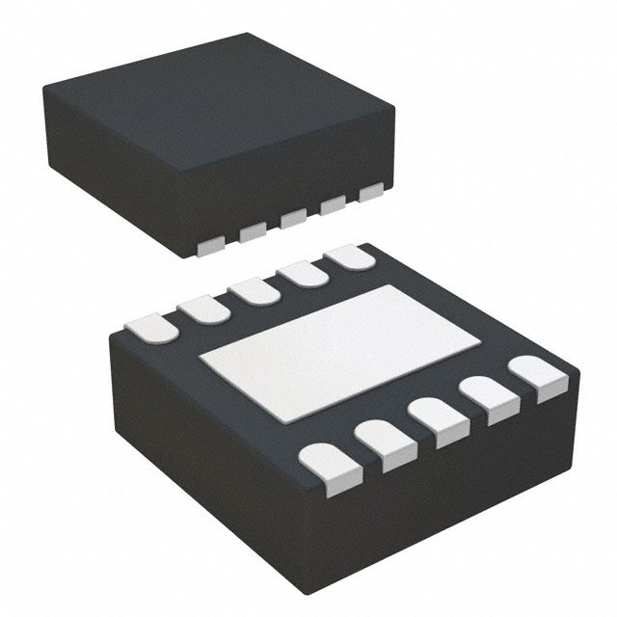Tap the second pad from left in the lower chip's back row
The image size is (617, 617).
tap(203, 308)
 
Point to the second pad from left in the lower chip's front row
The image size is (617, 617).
tap(379, 446)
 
